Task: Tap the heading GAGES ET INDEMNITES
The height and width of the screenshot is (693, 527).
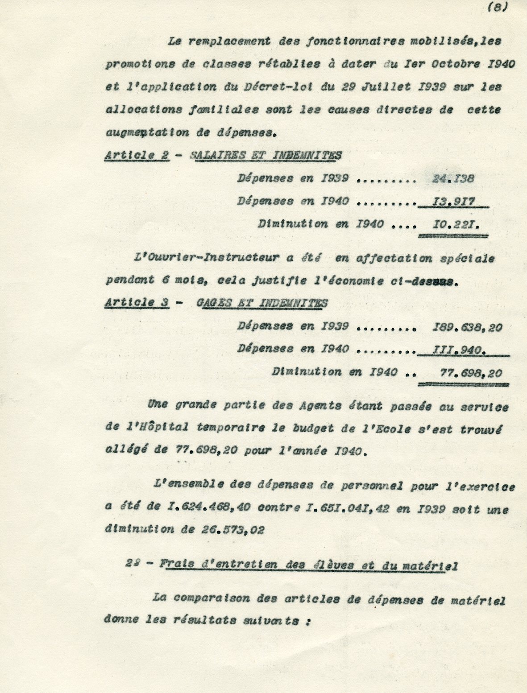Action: point(262,303)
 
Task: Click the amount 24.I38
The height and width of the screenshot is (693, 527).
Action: point(453,178)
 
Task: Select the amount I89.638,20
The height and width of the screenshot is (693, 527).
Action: point(468,328)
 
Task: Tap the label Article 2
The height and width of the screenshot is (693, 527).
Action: point(137,155)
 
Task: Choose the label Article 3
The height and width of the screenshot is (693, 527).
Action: point(137,303)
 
